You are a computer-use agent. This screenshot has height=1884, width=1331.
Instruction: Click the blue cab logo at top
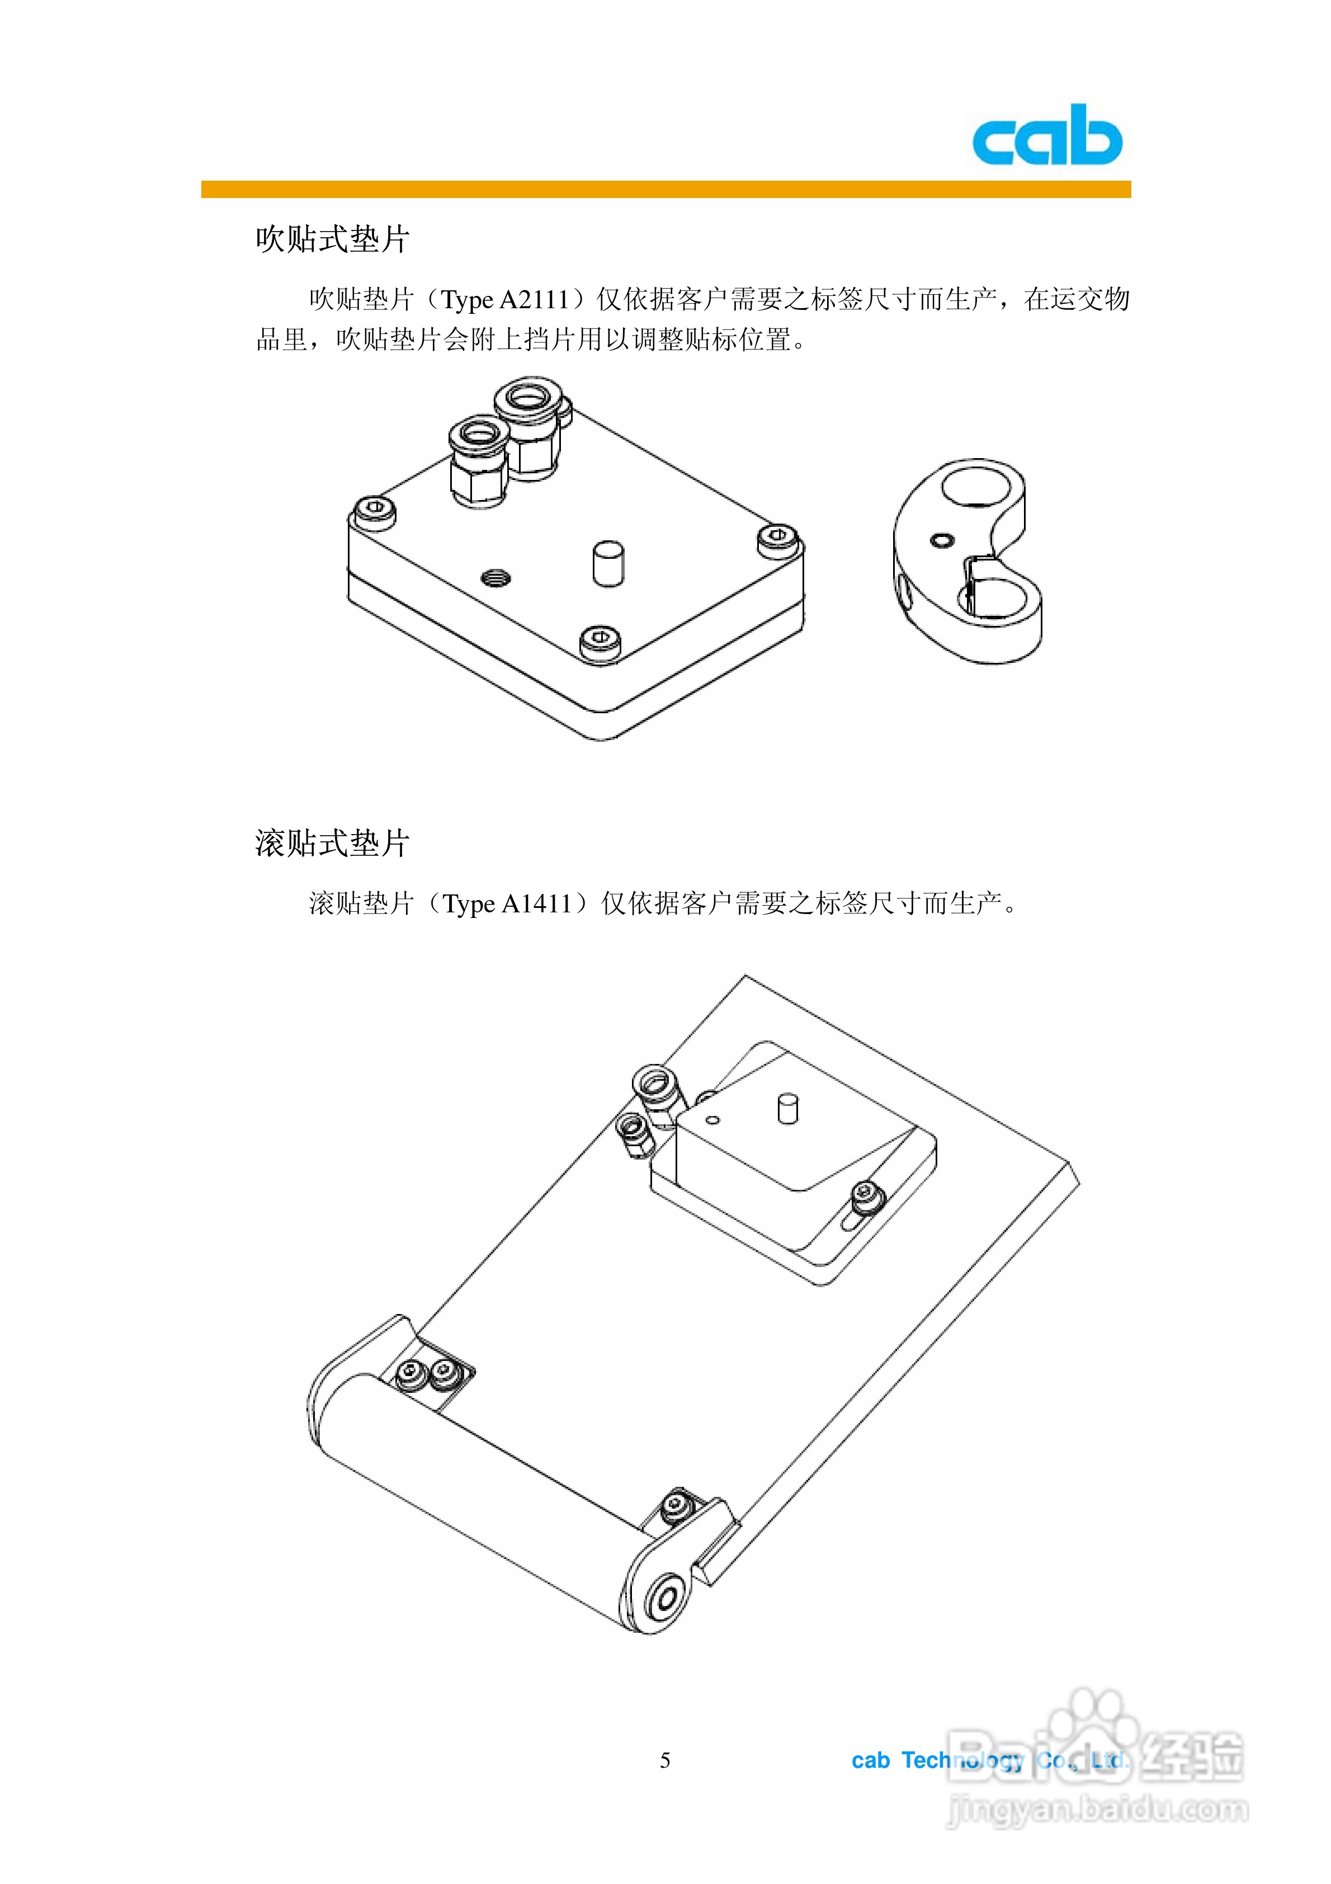[x=1046, y=135]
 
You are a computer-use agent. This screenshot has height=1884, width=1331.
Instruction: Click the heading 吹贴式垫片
[x=332, y=239]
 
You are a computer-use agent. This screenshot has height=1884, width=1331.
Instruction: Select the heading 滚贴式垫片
[x=332, y=843]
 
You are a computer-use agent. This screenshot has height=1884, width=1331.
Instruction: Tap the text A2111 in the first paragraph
[x=534, y=299]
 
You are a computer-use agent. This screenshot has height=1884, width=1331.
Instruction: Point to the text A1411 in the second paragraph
[x=537, y=903]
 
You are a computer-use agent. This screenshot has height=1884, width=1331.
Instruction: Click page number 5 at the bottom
[x=665, y=1759]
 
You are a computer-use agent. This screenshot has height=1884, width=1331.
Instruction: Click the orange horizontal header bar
[x=665, y=190]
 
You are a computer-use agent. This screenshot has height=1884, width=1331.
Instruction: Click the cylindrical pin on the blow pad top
[x=608, y=562]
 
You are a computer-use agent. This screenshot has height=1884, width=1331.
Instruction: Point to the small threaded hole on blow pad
[x=495, y=578]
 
